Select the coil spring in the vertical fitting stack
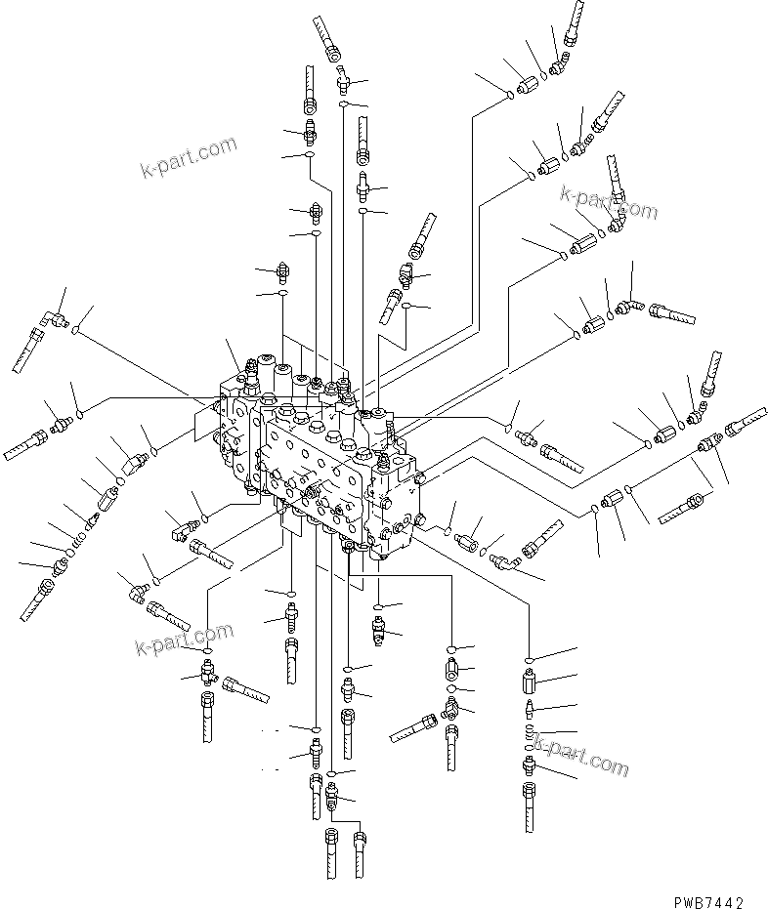pos(528,731)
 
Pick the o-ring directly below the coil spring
pos(528,747)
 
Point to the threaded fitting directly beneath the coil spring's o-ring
pos(529,768)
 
